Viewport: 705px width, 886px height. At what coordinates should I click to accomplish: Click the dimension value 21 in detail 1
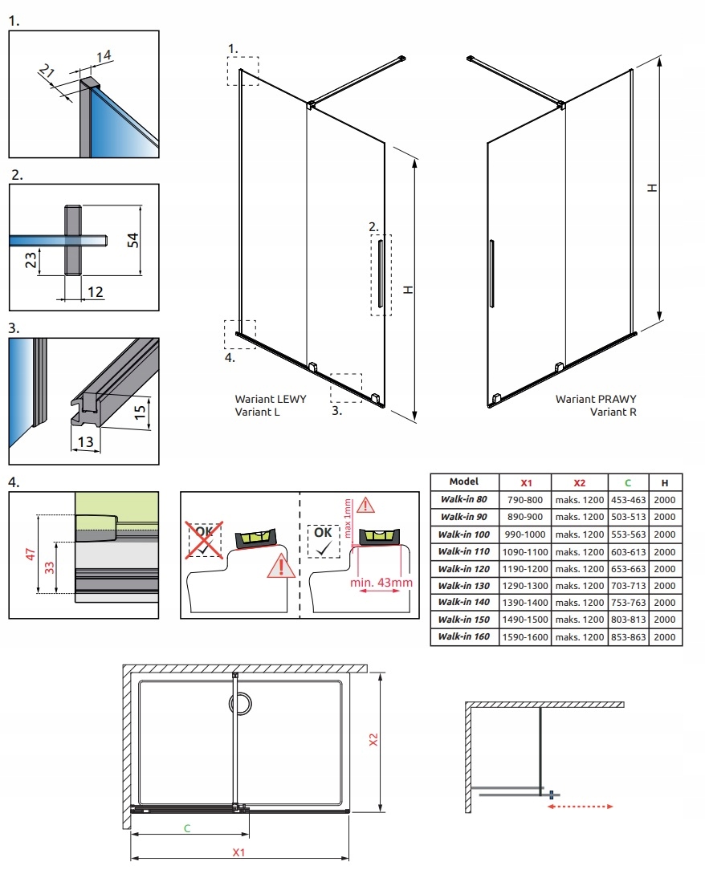tap(45, 74)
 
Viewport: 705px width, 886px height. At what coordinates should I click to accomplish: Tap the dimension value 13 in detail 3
tap(84, 441)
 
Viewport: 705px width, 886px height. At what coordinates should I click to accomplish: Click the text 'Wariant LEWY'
tap(270, 399)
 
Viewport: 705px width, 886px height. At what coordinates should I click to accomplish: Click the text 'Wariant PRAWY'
tap(585, 399)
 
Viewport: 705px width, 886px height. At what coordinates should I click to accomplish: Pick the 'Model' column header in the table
tap(464, 482)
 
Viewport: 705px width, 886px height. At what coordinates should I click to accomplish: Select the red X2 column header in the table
tap(580, 482)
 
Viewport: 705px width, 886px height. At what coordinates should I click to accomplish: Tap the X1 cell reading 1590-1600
tap(526, 637)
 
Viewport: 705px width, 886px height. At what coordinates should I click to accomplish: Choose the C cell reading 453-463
tap(628, 499)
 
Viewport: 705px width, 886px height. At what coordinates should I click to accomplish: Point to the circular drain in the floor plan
tap(240, 705)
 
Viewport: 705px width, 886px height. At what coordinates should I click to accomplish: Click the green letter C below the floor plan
tap(186, 828)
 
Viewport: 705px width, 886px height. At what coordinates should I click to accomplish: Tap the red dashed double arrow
tap(580, 807)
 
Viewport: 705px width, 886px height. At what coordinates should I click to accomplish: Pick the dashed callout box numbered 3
tap(346, 386)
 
